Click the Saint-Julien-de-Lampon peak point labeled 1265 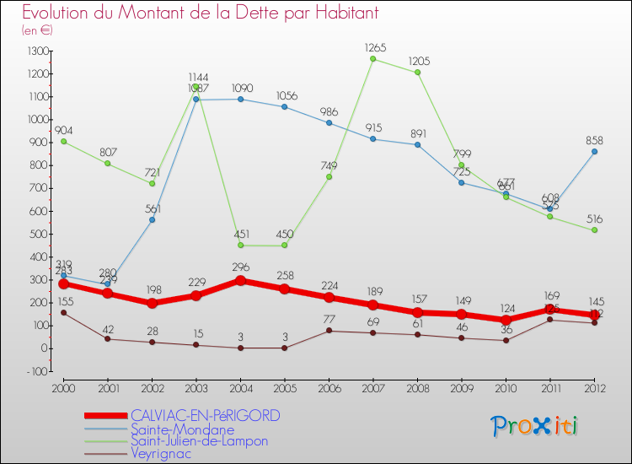pos(373,58)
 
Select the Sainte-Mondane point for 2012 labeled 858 pos(594,152)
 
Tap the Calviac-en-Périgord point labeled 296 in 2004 pos(240,280)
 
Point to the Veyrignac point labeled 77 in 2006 pos(329,331)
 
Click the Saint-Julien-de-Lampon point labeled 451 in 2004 pos(240,245)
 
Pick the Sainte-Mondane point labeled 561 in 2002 pos(152,219)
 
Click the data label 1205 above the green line pos(419,62)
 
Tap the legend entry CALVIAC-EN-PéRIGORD pos(205,416)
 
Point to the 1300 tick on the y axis pos(39,51)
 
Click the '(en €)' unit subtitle pos(38,30)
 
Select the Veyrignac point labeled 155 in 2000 pos(63,313)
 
